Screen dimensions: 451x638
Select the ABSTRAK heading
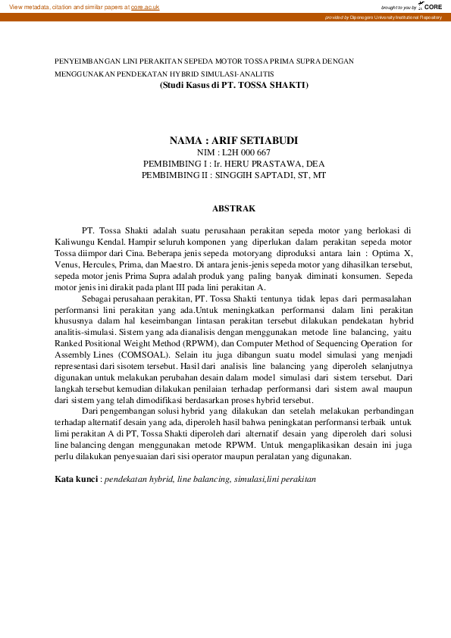coord(233,208)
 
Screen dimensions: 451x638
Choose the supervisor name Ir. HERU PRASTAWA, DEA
coord(262,164)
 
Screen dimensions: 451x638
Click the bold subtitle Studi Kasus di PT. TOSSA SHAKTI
coord(233,86)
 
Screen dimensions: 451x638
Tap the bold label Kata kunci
coord(77,480)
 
